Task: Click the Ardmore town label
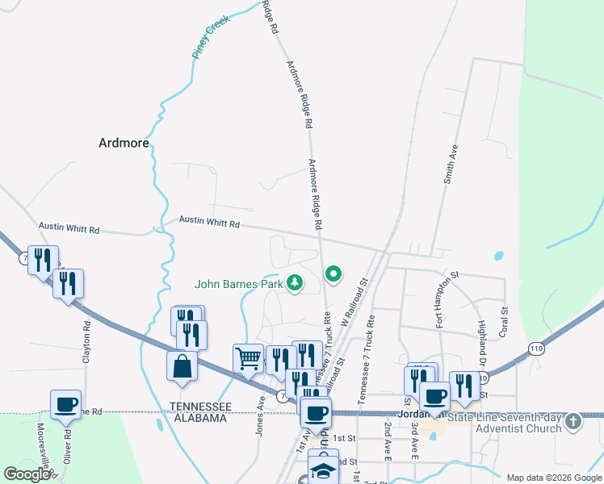[124, 143]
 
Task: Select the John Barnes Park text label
[238, 284]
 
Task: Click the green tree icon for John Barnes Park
[296, 282]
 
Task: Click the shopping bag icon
[182, 366]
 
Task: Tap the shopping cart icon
[248, 357]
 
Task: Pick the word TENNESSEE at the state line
[200, 406]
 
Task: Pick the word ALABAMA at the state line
[198, 418]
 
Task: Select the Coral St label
[503, 321]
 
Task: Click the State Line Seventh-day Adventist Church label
[505, 423]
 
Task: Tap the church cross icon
[573, 420]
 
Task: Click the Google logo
[27, 474]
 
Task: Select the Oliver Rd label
[68, 445]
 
